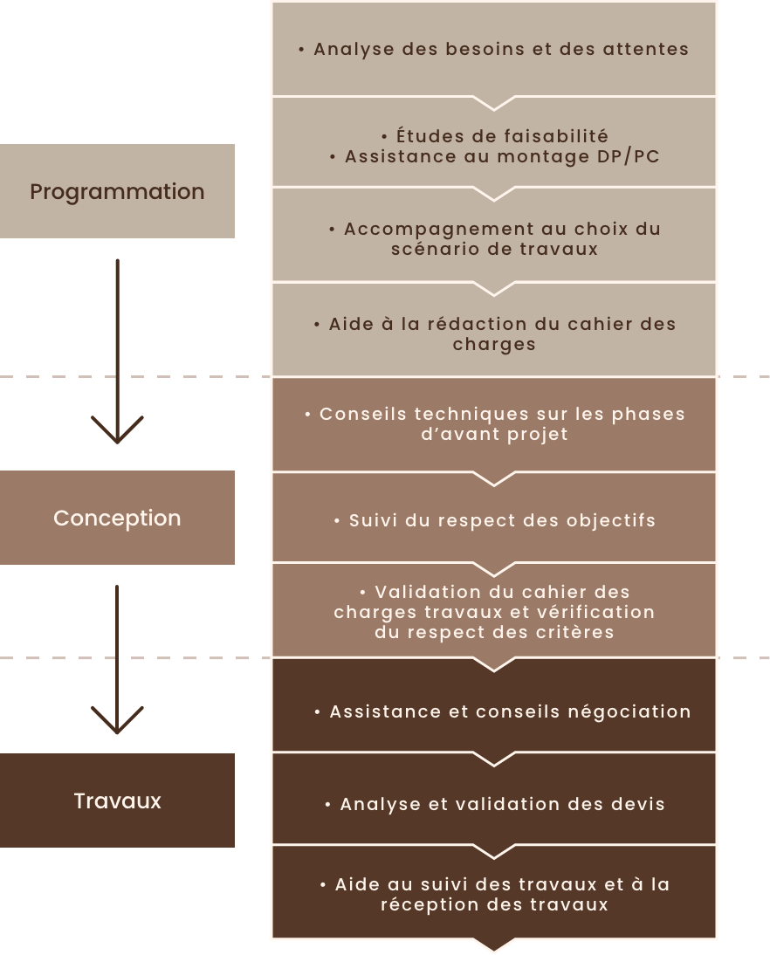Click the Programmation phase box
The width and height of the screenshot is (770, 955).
(x=117, y=191)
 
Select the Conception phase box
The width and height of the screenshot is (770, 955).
(x=117, y=518)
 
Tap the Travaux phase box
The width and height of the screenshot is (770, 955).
(x=117, y=800)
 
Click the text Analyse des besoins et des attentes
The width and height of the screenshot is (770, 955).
(x=501, y=50)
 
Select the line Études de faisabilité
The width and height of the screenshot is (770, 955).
(x=501, y=136)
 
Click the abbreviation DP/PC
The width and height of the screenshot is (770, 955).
(x=629, y=157)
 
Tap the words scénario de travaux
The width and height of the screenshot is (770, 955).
(x=494, y=249)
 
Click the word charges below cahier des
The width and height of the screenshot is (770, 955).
(x=494, y=344)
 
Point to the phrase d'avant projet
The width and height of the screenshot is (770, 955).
(x=494, y=434)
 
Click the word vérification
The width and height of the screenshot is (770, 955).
(x=600, y=612)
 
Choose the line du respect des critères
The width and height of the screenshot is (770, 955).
(x=494, y=632)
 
